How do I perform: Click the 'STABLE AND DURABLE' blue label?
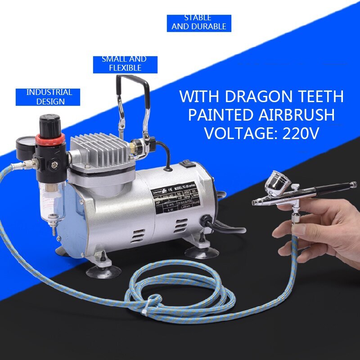click(x=198, y=22)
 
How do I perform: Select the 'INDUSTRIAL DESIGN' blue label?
click(x=47, y=97)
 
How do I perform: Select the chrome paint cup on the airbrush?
click(x=279, y=182)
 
